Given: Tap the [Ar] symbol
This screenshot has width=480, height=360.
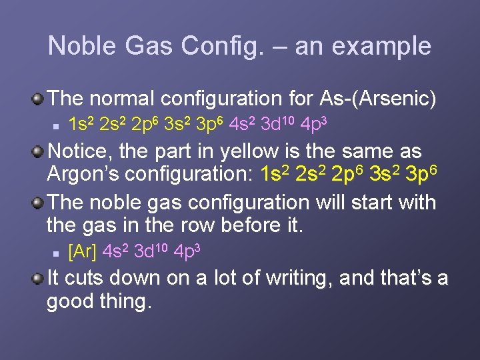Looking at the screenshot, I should (83, 251).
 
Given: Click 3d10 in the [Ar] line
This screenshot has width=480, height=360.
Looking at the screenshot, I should (151, 251).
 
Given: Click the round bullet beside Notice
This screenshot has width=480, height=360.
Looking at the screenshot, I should (39, 150).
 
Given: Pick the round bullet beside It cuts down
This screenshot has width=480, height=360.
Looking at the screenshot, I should (39, 277).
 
